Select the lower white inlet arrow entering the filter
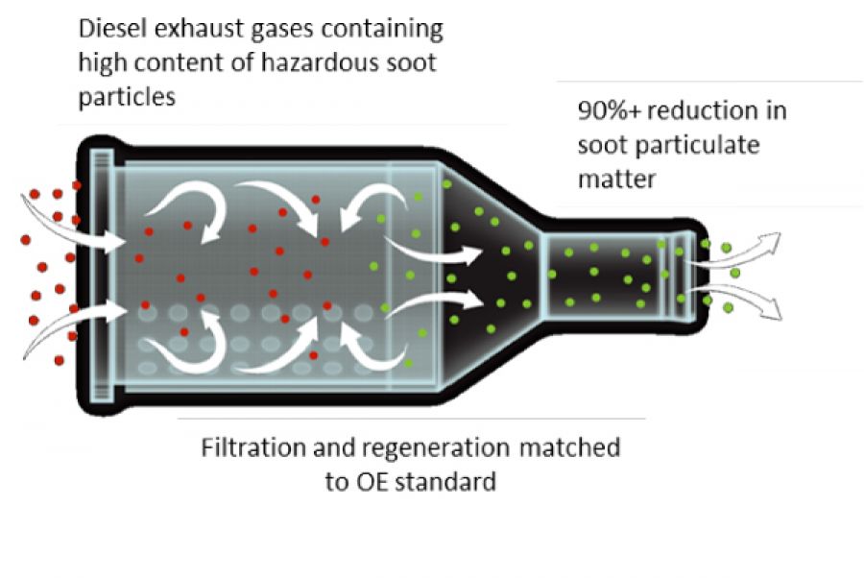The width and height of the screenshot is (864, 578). point(72,323)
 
